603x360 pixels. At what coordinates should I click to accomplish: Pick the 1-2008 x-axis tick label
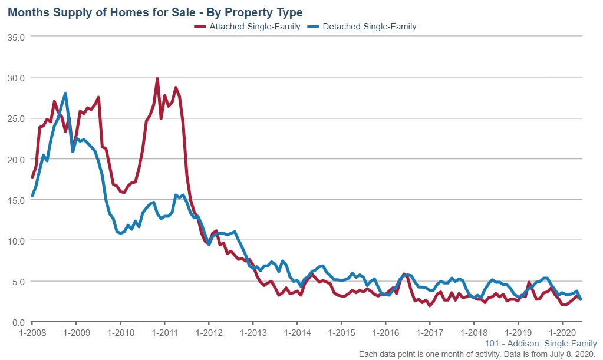pos(32,332)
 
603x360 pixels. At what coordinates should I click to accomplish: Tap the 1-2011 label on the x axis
pos(164,332)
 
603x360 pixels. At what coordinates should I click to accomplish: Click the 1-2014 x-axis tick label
pos(297,332)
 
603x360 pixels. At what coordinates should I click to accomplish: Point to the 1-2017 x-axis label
pos(430,332)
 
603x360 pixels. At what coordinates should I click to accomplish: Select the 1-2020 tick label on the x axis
pos(562,332)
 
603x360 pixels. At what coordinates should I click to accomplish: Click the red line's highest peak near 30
pos(157,78)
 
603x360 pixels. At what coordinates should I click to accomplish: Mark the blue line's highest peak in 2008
pos(65,93)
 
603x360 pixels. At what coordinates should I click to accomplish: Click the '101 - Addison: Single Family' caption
pos(541,344)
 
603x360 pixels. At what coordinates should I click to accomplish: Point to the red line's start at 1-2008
pos(32,177)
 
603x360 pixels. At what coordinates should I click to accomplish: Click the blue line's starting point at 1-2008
pos(32,196)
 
